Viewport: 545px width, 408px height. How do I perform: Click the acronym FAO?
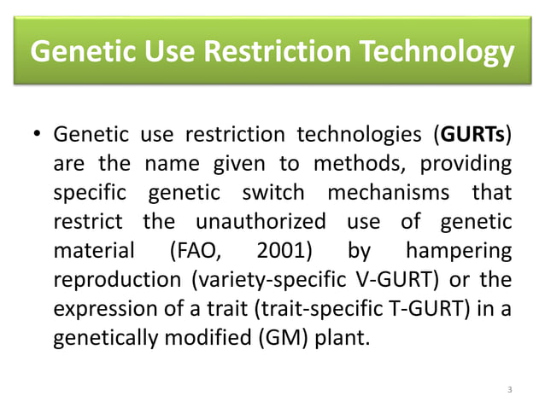(191, 251)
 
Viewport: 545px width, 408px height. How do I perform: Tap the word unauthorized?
(261, 222)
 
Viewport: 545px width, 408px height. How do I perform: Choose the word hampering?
(458, 251)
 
